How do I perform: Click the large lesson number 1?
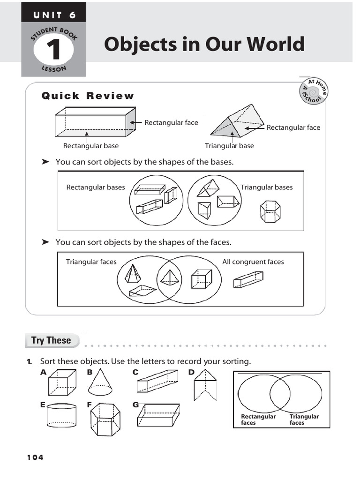[x=53, y=50]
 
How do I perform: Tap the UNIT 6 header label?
[x=53, y=15]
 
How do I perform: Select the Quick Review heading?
[x=88, y=96]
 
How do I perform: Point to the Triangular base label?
[x=229, y=146]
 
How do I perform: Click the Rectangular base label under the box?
[x=91, y=146]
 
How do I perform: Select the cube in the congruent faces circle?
[x=202, y=279]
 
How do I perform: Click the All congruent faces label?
[x=253, y=262]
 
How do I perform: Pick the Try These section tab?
[x=51, y=340]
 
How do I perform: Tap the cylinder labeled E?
[x=61, y=415]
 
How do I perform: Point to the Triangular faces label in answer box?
[x=304, y=420]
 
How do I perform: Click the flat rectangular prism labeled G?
[x=158, y=415]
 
